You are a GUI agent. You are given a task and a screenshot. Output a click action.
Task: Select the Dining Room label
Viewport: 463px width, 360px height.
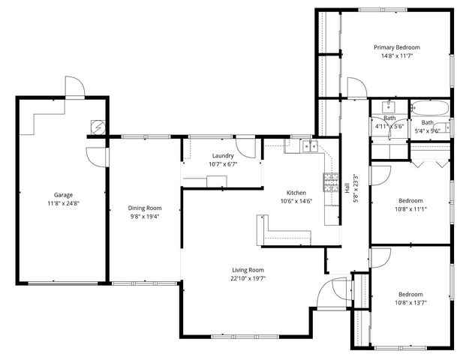[x=144, y=208]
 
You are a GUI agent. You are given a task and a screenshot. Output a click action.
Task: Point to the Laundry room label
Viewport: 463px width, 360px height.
[x=223, y=155]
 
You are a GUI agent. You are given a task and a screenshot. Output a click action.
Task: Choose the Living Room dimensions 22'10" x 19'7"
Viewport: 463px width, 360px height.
[x=248, y=278]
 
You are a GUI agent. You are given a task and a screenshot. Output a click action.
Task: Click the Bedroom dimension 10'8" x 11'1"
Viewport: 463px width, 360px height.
[x=410, y=209]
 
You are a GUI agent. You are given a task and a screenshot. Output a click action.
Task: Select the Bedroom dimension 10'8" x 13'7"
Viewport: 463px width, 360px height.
[x=410, y=303]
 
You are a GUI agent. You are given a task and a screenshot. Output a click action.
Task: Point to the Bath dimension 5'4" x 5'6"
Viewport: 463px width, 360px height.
[x=427, y=128]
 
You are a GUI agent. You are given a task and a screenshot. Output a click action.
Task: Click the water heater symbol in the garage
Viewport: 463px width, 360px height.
[x=97, y=126]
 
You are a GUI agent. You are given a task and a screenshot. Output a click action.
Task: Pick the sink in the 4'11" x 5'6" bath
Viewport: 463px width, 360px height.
[x=389, y=106]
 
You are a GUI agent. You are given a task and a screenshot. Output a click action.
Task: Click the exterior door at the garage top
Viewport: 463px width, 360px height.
[x=74, y=87]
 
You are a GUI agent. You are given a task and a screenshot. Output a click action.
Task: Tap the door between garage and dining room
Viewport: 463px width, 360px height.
[x=95, y=155]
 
